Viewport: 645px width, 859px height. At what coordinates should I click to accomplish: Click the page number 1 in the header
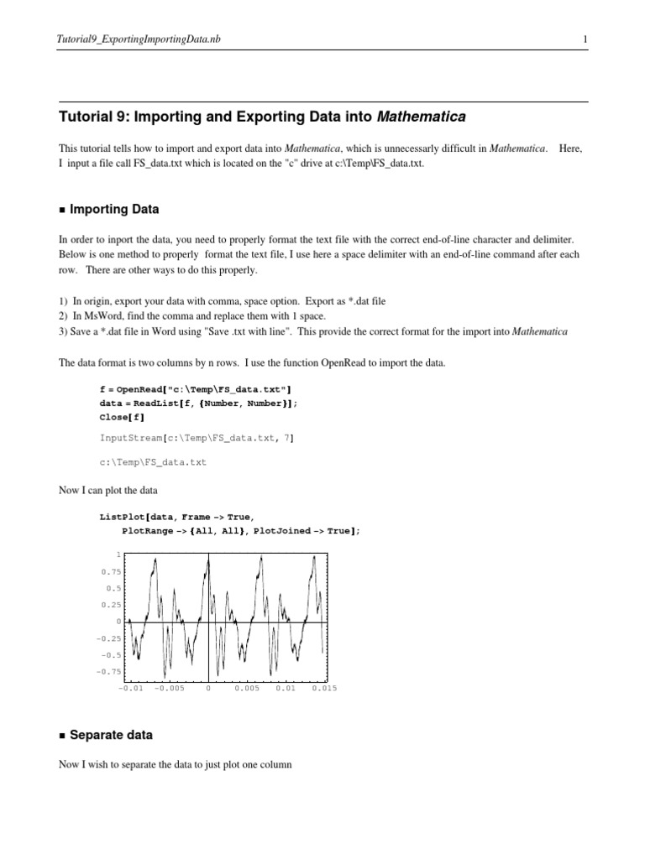tap(584, 39)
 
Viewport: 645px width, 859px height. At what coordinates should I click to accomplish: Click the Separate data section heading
tap(111, 735)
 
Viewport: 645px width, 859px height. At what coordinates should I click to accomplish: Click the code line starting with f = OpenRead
tap(196, 389)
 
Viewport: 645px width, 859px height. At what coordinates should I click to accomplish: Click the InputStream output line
tap(197, 438)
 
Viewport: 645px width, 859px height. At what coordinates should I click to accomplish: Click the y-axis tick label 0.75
tap(111, 571)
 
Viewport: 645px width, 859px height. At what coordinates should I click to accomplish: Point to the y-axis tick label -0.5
tap(111, 654)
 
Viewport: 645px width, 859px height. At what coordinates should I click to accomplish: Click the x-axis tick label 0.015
tap(323, 688)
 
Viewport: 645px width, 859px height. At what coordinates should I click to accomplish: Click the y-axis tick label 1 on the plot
tap(118, 554)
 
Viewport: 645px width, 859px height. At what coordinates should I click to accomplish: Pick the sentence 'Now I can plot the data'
tap(108, 490)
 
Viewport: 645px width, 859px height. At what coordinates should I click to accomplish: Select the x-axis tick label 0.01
tap(286, 688)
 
